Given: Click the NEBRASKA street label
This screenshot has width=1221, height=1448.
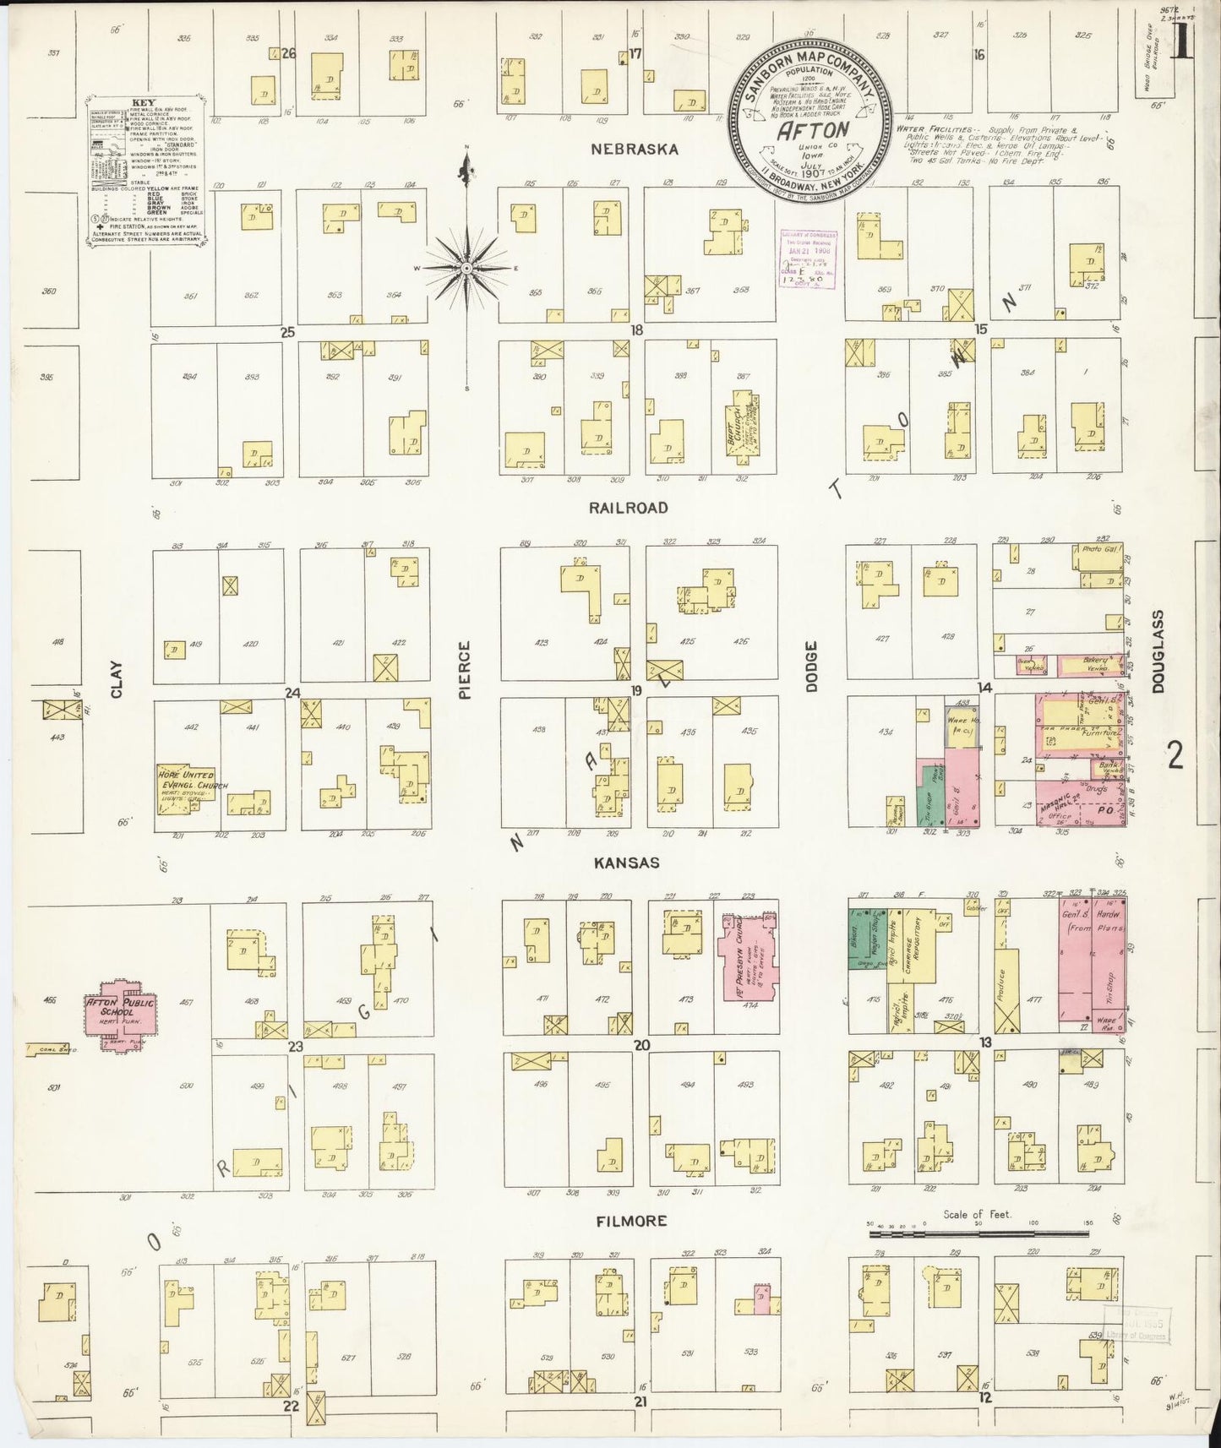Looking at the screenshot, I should [635, 149].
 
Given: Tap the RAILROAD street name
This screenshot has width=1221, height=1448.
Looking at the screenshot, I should [629, 508].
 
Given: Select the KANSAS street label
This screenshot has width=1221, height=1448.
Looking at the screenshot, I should [626, 863].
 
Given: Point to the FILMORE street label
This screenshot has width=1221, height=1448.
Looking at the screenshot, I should [631, 1221].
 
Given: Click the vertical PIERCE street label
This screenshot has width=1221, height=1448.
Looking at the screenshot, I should [464, 670].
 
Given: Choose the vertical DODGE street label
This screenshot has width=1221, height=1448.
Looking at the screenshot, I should [811, 667].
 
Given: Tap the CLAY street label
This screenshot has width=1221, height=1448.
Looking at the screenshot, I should [117, 678].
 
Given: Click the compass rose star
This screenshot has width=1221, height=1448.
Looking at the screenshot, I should [466, 268].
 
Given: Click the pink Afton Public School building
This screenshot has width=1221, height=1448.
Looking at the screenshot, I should [120, 1010].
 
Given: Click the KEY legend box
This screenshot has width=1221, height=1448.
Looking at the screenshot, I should [147, 171].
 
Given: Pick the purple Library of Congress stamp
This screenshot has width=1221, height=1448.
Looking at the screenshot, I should [806, 259].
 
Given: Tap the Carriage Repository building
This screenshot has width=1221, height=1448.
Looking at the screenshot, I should [913, 950].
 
